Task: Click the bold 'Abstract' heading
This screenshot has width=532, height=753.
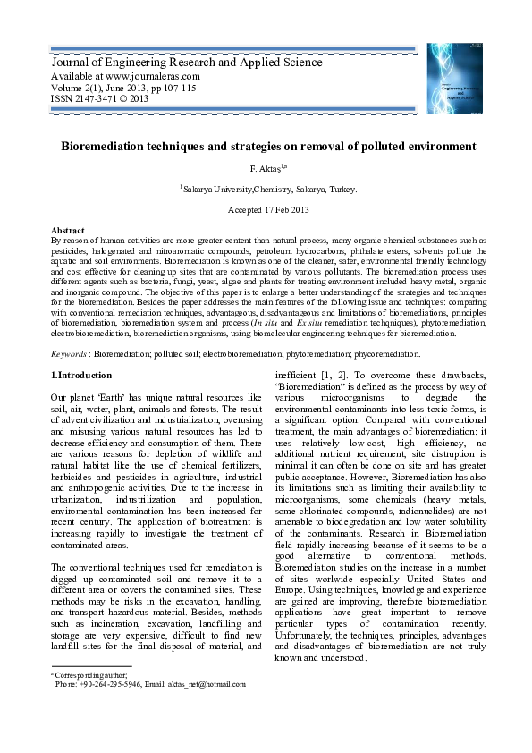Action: coord(68,230)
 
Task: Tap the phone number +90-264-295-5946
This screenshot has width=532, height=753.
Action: coord(112,683)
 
